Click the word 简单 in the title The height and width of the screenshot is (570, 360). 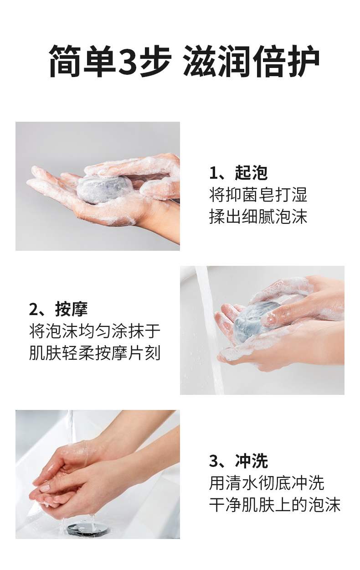point(82,61)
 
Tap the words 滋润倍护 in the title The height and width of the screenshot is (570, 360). point(252,61)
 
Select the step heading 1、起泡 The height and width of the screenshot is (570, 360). point(238,173)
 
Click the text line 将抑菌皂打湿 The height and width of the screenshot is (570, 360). point(258,195)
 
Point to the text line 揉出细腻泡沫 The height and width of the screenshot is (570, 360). point(258,217)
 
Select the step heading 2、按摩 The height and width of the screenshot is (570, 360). point(58,309)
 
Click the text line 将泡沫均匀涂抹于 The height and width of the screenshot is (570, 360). point(95,331)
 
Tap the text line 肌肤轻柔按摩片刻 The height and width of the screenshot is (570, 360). point(95,353)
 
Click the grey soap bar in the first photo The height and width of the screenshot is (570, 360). point(101,189)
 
